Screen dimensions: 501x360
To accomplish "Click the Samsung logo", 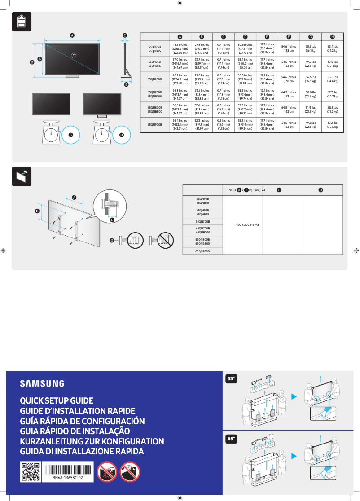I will click(42, 383).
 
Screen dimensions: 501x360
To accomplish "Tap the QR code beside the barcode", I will click(31, 472).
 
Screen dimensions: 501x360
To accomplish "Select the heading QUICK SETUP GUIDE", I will click(57, 400).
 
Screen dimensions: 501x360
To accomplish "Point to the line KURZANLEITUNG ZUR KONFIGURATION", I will click(92, 441).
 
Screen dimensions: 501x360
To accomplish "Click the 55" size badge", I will click(231, 379).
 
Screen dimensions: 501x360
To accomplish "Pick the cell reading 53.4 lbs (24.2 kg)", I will click(332, 48).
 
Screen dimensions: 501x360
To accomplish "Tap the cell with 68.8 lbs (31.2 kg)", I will click(332, 110).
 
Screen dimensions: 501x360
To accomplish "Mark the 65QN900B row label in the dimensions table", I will click(155, 124).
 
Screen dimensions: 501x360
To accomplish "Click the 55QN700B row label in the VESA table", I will click(202, 222).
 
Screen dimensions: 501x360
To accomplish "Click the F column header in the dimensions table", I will click(289, 36).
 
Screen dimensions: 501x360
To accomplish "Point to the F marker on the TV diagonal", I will click(74, 55).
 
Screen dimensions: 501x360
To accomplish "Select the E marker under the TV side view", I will click(126, 84).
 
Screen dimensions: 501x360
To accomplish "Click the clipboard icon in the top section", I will click(21, 21).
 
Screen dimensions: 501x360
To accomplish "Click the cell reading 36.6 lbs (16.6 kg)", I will click(310, 79).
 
